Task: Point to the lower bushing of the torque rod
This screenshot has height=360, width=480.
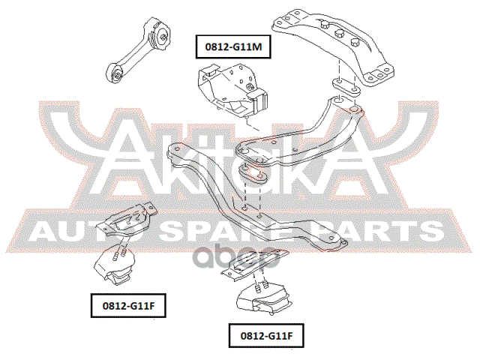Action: pos(116,73)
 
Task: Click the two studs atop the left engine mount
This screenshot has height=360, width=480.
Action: pos(117,254)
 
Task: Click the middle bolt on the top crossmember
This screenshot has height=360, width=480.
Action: pos(339,33)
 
